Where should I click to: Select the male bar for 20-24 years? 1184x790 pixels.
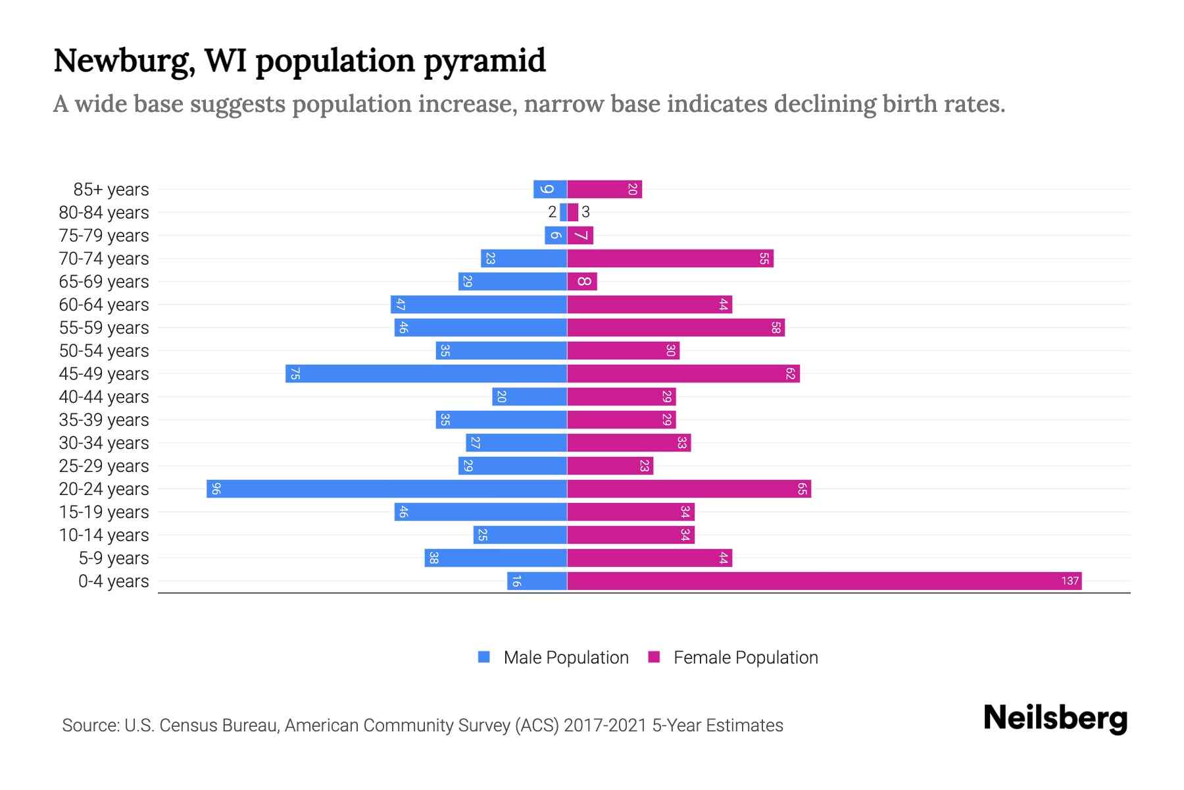387,488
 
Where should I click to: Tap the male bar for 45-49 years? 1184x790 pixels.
426,373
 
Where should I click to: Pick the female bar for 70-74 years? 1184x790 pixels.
670,258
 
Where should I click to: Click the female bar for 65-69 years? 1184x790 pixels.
582,281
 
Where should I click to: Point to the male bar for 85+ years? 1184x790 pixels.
550,189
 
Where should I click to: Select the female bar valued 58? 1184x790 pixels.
676,327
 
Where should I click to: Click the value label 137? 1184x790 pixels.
1070,581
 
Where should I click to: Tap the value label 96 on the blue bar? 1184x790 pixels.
216,488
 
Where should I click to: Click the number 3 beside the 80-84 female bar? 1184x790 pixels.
585,212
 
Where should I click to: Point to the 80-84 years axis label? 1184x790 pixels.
104,212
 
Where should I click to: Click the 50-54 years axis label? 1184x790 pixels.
104,350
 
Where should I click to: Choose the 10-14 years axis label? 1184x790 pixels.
104,535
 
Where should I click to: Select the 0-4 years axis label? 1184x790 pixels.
113,581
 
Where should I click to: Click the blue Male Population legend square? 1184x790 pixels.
484,657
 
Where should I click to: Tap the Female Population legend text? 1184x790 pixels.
745,657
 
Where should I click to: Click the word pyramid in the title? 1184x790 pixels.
484,61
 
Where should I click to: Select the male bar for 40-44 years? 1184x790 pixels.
530,396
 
